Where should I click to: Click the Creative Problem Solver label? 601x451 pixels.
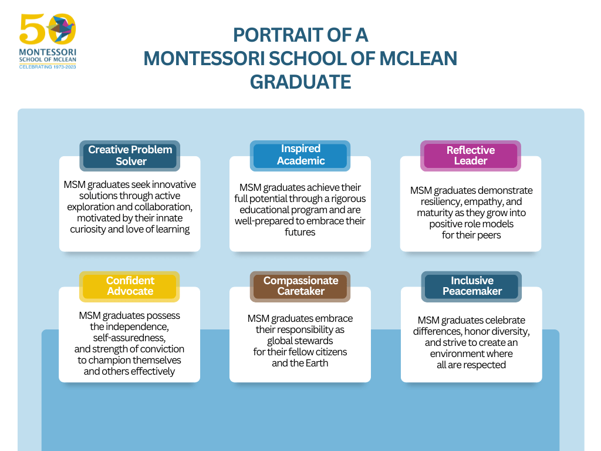[x=130, y=156]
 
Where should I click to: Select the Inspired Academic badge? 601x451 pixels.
[x=300, y=156]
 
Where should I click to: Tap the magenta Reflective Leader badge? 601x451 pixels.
[x=471, y=156]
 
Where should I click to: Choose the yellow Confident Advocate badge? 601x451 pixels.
[x=130, y=287]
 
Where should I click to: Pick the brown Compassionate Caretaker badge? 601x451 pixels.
[x=300, y=287]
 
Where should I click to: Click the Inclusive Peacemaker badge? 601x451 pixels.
[x=471, y=287]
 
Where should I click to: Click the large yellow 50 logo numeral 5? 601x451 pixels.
[x=32, y=29]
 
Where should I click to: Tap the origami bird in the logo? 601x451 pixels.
[x=60, y=28]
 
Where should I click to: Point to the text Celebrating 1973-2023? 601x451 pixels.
[x=48, y=67]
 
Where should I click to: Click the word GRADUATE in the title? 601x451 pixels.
[x=300, y=82]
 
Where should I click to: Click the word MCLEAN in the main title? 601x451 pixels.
[x=418, y=58]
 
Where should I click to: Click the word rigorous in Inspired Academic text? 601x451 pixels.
[x=349, y=198]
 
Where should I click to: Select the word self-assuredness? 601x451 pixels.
[x=129, y=338]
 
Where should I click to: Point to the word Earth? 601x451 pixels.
[x=316, y=363]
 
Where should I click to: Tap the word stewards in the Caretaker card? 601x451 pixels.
[x=315, y=341]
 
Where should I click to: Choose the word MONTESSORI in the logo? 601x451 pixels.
[x=48, y=52]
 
